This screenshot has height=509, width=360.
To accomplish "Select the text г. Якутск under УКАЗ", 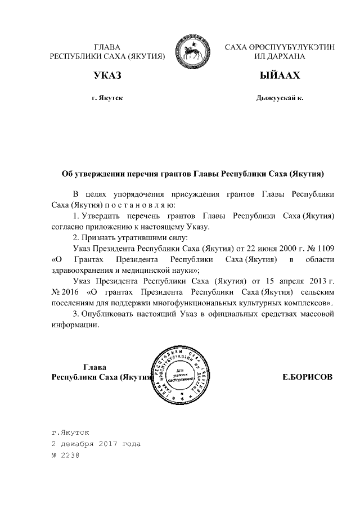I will pyautogui.click(x=107, y=98).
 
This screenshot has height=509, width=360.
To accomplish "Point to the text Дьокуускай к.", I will pyautogui.click(x=280, y=98).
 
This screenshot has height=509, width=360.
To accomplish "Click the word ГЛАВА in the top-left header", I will pyautogui.click(x=107, y=47).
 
